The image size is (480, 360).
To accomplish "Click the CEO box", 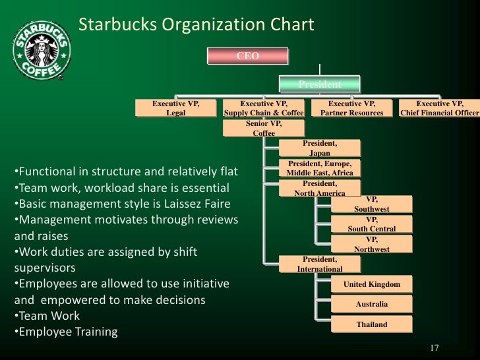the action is point(248,56).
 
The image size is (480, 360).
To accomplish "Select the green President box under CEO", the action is point(320,84).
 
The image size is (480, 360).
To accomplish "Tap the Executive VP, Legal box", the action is point(175,109).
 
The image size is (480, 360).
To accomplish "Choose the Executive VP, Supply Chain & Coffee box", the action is point(264,109).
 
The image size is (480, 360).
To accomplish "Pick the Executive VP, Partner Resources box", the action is point(351,109).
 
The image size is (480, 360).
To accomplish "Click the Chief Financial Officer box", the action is point(440,109).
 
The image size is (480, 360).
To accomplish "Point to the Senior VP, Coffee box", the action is point(264,129).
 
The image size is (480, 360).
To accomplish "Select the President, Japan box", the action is point(320,148).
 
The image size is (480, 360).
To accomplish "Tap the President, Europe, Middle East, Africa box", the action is point(320,168).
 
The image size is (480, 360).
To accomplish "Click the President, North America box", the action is point(320,188).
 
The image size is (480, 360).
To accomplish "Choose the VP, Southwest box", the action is point(372,204).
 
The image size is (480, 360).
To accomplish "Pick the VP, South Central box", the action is point(372,224).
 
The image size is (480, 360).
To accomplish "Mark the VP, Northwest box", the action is point(372,245).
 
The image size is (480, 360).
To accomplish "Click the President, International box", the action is point(320,264).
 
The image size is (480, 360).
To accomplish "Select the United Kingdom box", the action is point(372,284).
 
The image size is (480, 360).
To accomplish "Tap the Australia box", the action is point(372,304).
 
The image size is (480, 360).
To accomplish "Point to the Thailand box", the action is point(372,324).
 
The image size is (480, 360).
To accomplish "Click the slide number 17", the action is point(434,348).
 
